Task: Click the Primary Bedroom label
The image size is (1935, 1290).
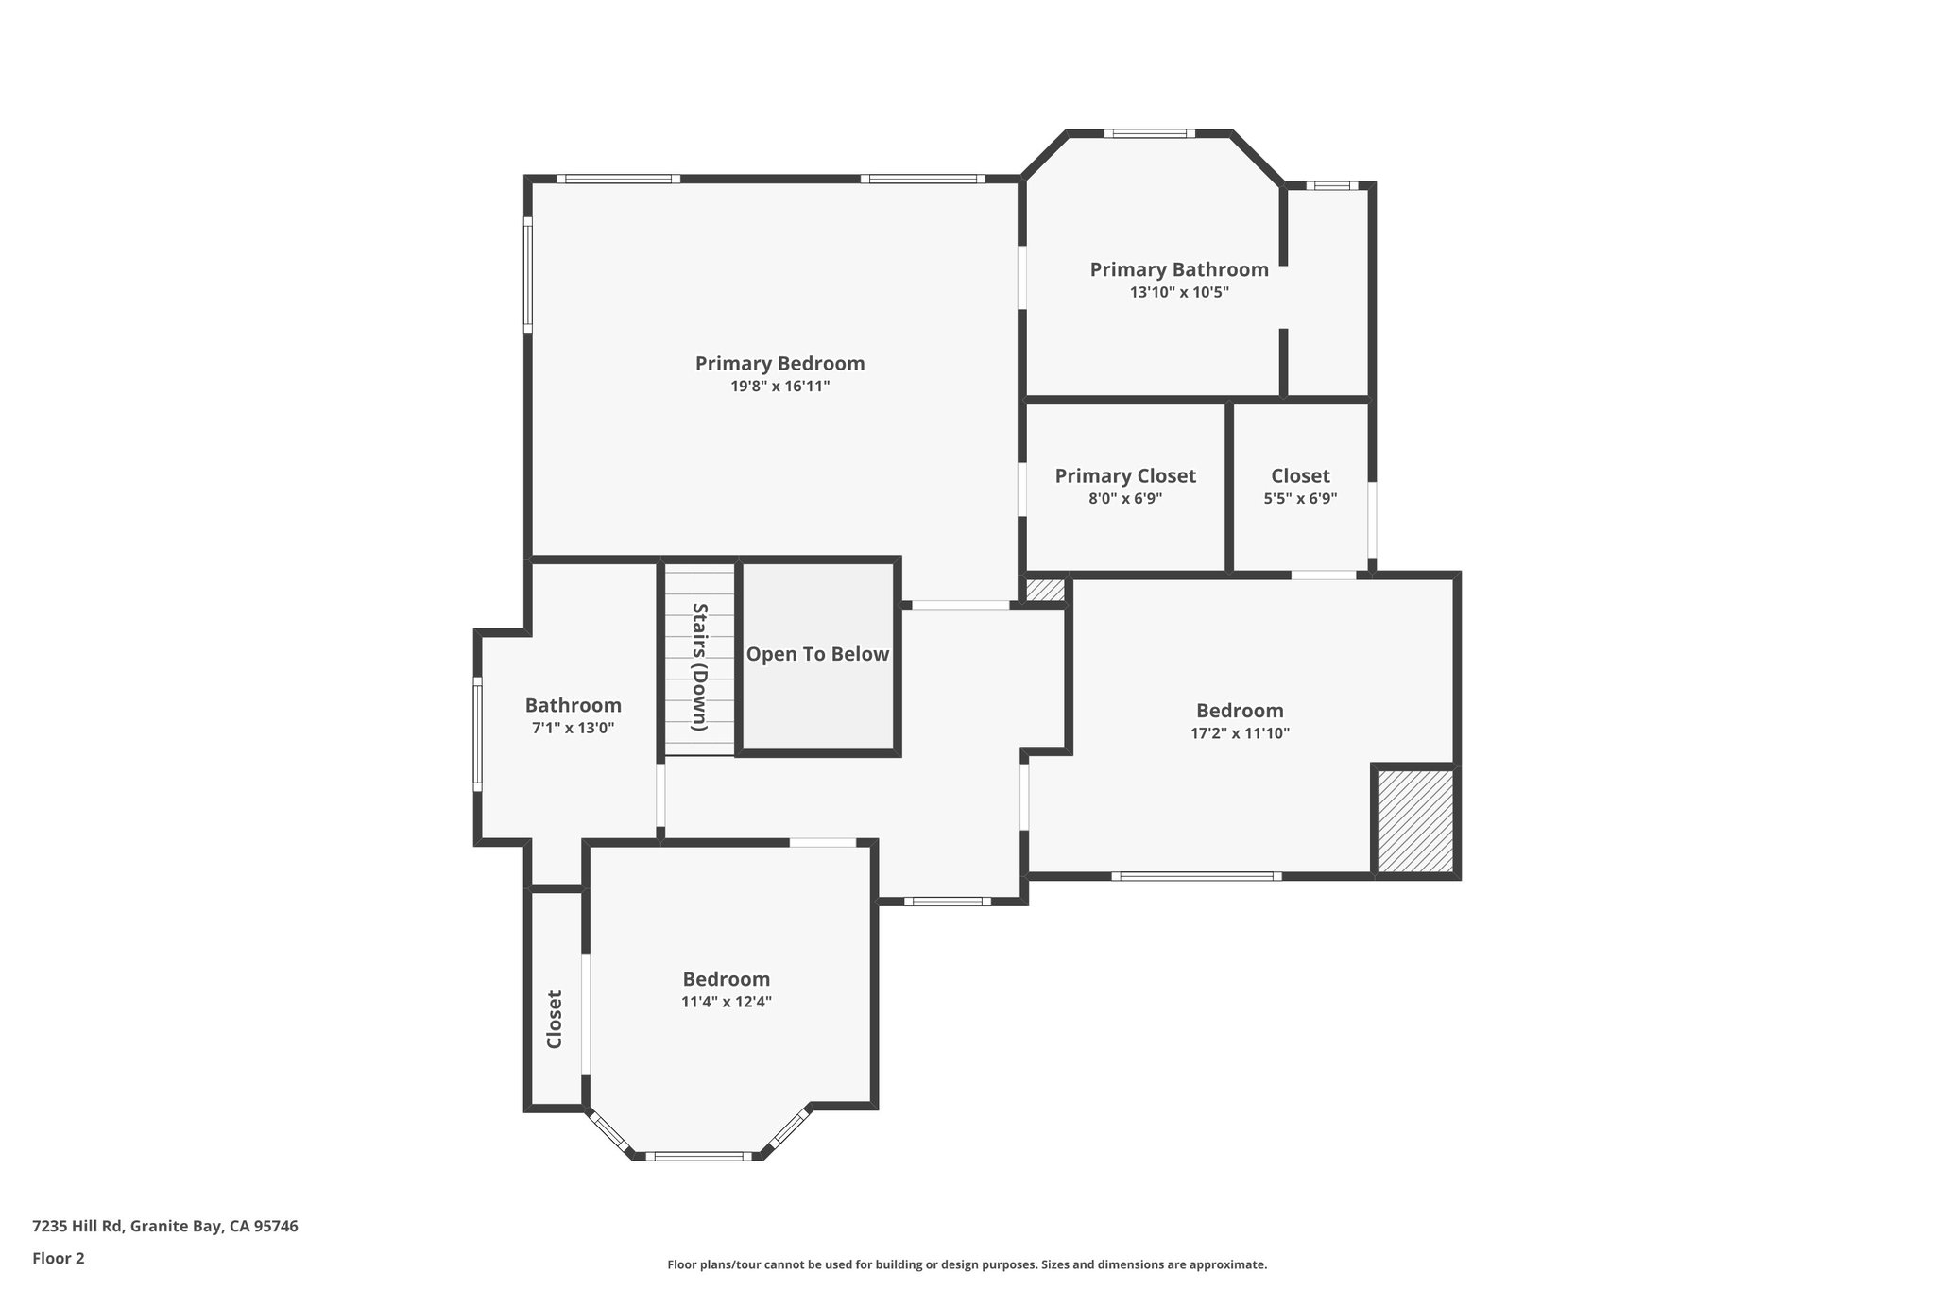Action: pos(779,364)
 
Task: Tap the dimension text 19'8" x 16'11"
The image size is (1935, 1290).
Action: pos(779,387)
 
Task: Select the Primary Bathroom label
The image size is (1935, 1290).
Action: pos(1178,270)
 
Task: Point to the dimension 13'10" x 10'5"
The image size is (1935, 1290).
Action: pos(1178,293)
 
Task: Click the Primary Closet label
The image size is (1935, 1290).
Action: pos(1124,476)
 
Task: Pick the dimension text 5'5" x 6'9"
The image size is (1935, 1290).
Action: pos(1300,499)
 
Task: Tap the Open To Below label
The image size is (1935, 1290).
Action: pos(817,654)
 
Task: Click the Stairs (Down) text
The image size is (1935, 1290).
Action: pos(700,666)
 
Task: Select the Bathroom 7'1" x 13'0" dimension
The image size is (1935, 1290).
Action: pos(573,729)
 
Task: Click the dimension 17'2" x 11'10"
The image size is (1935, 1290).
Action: pos(1240,733)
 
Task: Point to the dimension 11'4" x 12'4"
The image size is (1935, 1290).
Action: pos(726,1003)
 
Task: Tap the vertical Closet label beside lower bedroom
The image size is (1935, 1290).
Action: pos(555,1019)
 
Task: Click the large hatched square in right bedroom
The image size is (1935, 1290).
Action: pos(1414,820)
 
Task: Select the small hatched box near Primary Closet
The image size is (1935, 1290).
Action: pos(1045,590)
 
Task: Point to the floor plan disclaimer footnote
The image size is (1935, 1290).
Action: pos(967,1264)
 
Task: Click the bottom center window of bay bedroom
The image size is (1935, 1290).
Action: pos(699,1156)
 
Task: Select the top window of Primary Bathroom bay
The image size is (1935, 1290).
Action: pos(1149,134)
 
